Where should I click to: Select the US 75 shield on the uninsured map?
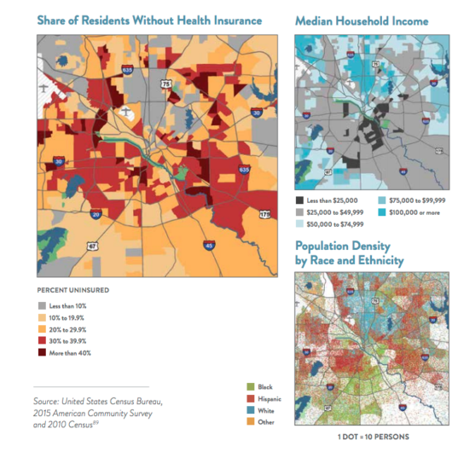click(165, 84)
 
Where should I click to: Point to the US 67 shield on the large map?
click(93, 247)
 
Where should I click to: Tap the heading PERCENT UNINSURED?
click(72, 289)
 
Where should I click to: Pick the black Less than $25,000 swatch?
click(300, 199)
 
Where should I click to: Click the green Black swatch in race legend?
click(248, 386)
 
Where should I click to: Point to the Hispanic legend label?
click(270, 398)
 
